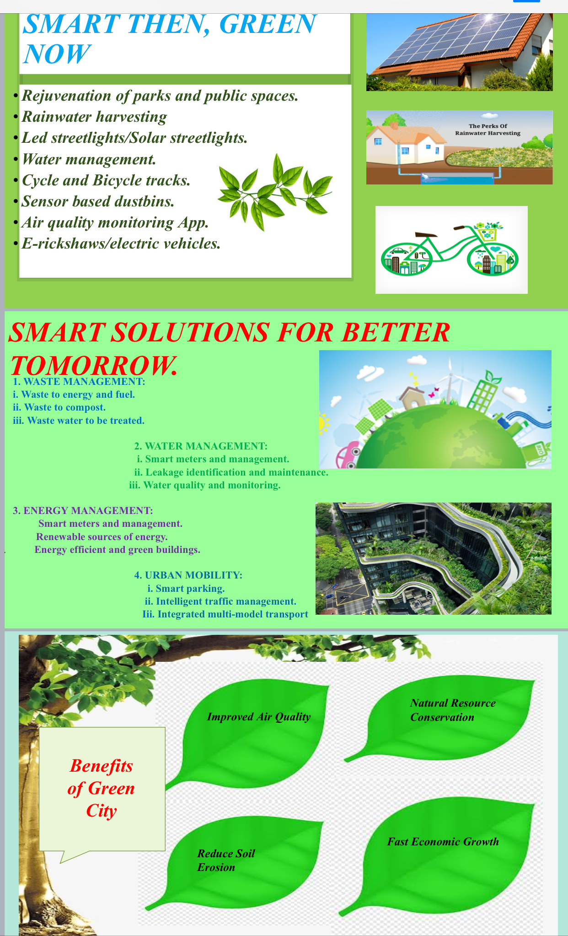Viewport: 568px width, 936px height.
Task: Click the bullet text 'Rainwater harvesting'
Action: pos(94,117)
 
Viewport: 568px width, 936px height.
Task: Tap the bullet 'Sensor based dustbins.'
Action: pos(98,201)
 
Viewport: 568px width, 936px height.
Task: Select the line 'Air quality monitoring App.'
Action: pos(115,223)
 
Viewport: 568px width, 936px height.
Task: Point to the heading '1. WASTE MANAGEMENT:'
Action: pos(79,382)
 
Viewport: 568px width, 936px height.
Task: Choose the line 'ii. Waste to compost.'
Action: pos(59,407)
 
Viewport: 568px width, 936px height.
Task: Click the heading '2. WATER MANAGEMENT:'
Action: pos(201,446)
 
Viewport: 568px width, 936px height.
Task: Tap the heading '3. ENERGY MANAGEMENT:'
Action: pos(83,510)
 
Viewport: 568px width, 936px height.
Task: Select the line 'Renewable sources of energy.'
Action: pos(102,536)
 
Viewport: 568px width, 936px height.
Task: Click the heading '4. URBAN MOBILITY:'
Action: pos(188,575)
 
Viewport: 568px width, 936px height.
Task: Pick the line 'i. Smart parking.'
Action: pos(186,588)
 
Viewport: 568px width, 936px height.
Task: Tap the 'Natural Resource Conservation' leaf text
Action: pos(453,710)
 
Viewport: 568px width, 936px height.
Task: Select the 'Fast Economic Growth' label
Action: pos(443,842)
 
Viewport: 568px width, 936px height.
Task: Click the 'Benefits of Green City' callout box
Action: pos(102,789)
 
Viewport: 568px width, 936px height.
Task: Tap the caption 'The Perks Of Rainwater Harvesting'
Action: pos(488,130)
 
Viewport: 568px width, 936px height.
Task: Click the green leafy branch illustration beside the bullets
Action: pos(275,192)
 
